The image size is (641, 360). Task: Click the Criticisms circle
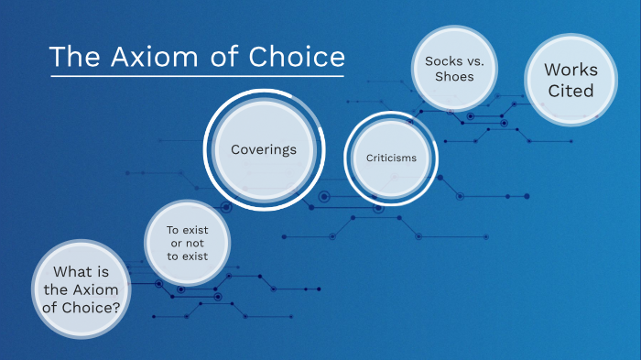pyautogui.click(x=391, y=158)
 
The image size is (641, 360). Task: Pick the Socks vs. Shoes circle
pyautogui.click(x=455, y=69)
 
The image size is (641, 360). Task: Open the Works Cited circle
pyautogui.click(x=570, y=80)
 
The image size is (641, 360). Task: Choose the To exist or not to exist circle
pyautogui.click(x=187, y=243)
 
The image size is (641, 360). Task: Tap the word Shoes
pyautogui.click(x=455, y=77)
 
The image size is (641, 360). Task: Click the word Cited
pyautogui.click(x=570, y=91)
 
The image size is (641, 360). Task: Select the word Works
pyautogui.click(x=570, y=70)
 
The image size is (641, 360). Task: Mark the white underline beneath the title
pyautogui.click(x=198, y=75)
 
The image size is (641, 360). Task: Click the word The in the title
pyautogui.click(x=72, y=57)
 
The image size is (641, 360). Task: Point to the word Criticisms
pyautogui.click(x=391, y=158)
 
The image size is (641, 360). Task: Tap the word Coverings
pyautogui.click(x=264, y=148)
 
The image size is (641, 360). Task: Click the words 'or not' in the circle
pyautogui.click(x=187, y=243)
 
